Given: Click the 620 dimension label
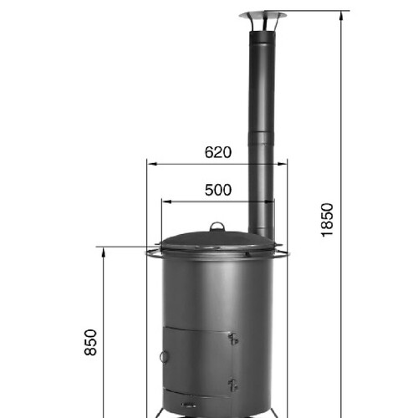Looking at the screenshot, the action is [x=218, y=152].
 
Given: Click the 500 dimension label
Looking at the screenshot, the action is [x=218, y=190].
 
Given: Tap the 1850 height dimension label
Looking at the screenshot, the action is [x=327, y=220].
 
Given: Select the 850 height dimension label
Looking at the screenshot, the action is [x=90, y=343].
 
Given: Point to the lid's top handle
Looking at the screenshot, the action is [x=217, y=227].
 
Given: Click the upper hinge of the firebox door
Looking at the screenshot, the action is [x=233, y=339].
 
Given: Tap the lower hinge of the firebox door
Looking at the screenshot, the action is [x=233, y=385].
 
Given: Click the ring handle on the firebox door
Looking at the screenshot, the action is [x=164, y=356].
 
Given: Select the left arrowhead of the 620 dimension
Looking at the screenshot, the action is [x=152, y=164].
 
